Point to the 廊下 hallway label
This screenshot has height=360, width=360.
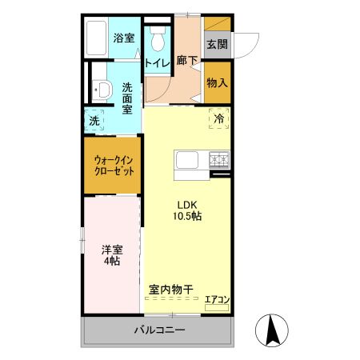coord(186,60)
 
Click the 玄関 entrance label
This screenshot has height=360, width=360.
coord(216,44)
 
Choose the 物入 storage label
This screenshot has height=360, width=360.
coord(217,82)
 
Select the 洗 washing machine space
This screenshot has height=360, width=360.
coord(95,121)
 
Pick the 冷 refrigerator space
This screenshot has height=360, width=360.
coord(218,118)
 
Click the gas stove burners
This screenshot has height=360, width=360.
coord(218,159)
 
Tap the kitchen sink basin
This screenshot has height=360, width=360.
coord(186,161)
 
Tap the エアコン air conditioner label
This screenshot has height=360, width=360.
coord(217,300)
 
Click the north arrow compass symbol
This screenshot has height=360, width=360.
coord(271,330)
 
